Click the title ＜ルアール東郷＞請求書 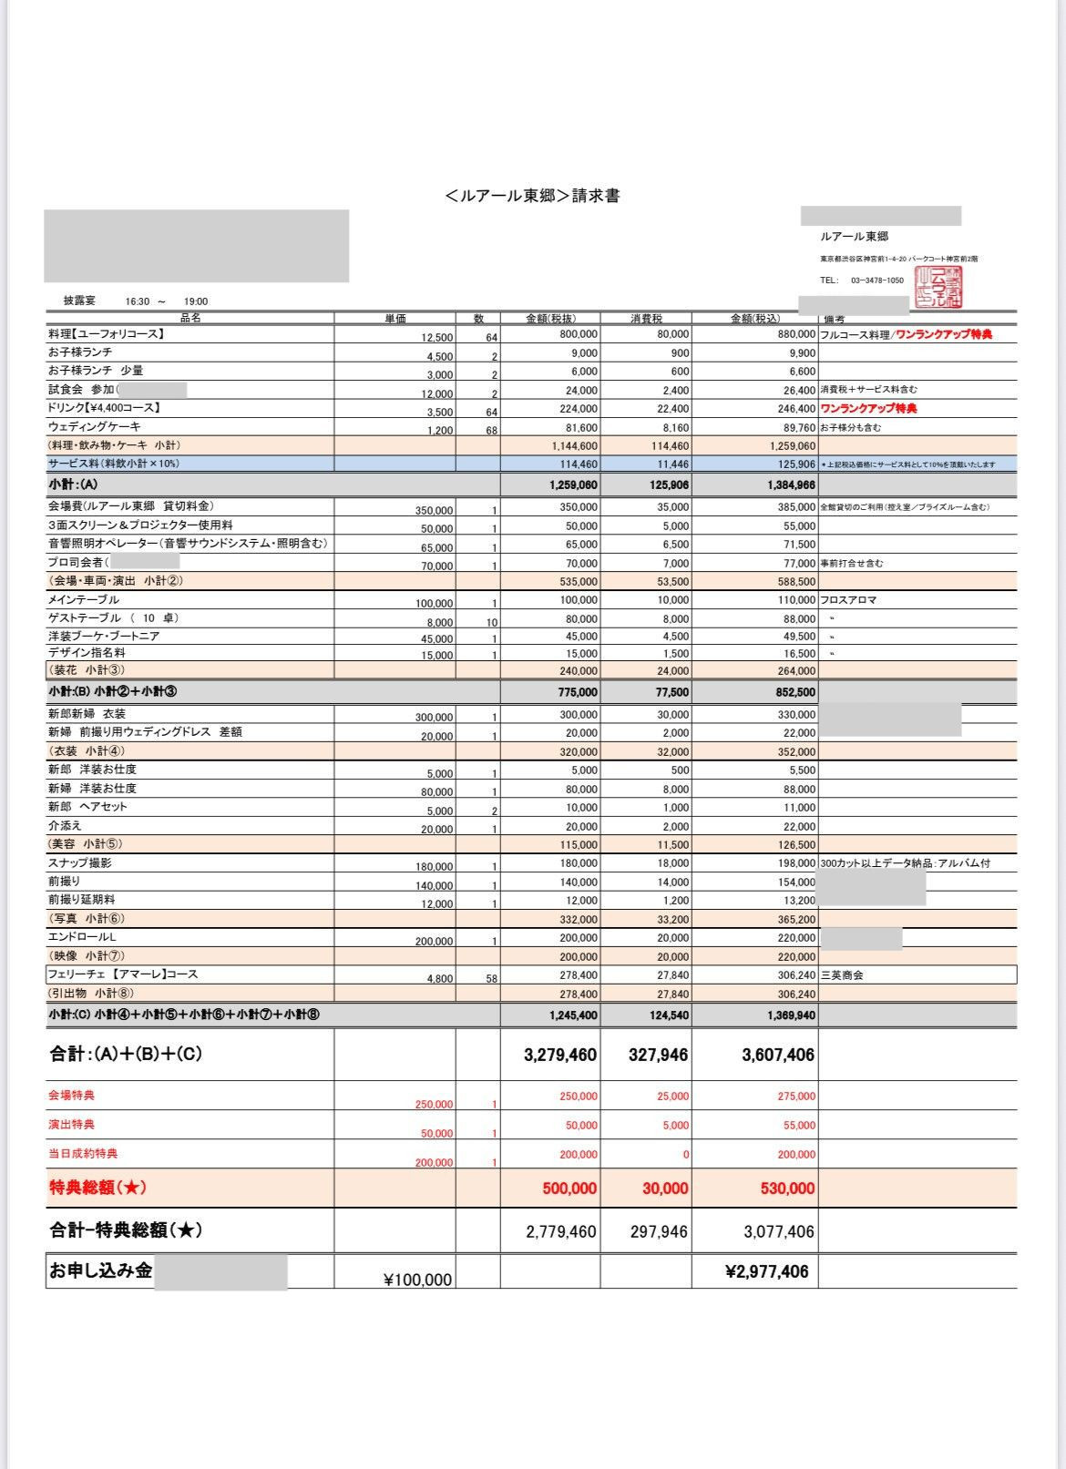click(533, 196)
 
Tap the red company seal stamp click(938, 286)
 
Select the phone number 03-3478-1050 click(876, 281)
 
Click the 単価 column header click(395, 319)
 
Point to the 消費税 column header click(646, 319)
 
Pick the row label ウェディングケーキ click(95, 426)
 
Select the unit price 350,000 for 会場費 click(434, 511)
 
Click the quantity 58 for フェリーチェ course click(491, 979)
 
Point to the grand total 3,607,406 click(778, 1056)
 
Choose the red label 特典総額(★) click(97, 1188)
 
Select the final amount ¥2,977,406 click(767, 1272)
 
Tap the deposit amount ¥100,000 click(417, 1280)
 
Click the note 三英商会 click(842, 975)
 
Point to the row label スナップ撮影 click(80, 862)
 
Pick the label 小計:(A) click(73, 485)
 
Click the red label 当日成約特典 click(83, 1154)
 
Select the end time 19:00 click(196, 301)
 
